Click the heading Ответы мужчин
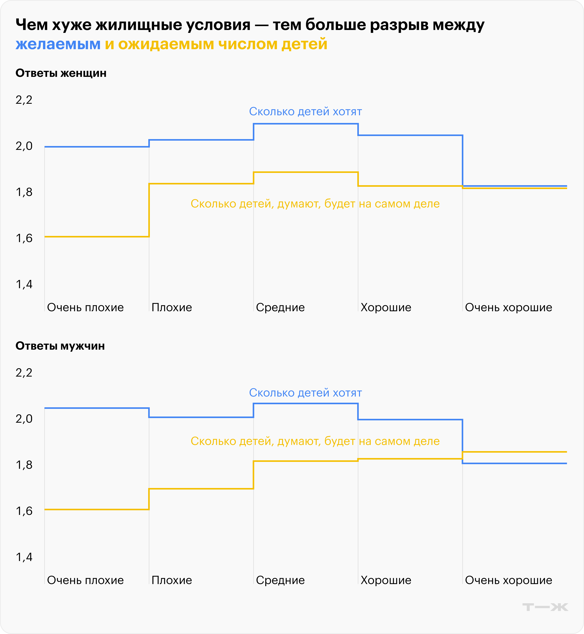60,346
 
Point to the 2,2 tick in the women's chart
24,100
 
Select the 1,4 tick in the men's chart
24,557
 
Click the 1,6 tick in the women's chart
24,238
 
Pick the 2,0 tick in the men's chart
24,419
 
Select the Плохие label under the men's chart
172,580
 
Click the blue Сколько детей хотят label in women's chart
305,112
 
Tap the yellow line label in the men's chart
315,441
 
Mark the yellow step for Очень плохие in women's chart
97,237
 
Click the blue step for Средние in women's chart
306,124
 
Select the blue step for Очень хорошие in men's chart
514,463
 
